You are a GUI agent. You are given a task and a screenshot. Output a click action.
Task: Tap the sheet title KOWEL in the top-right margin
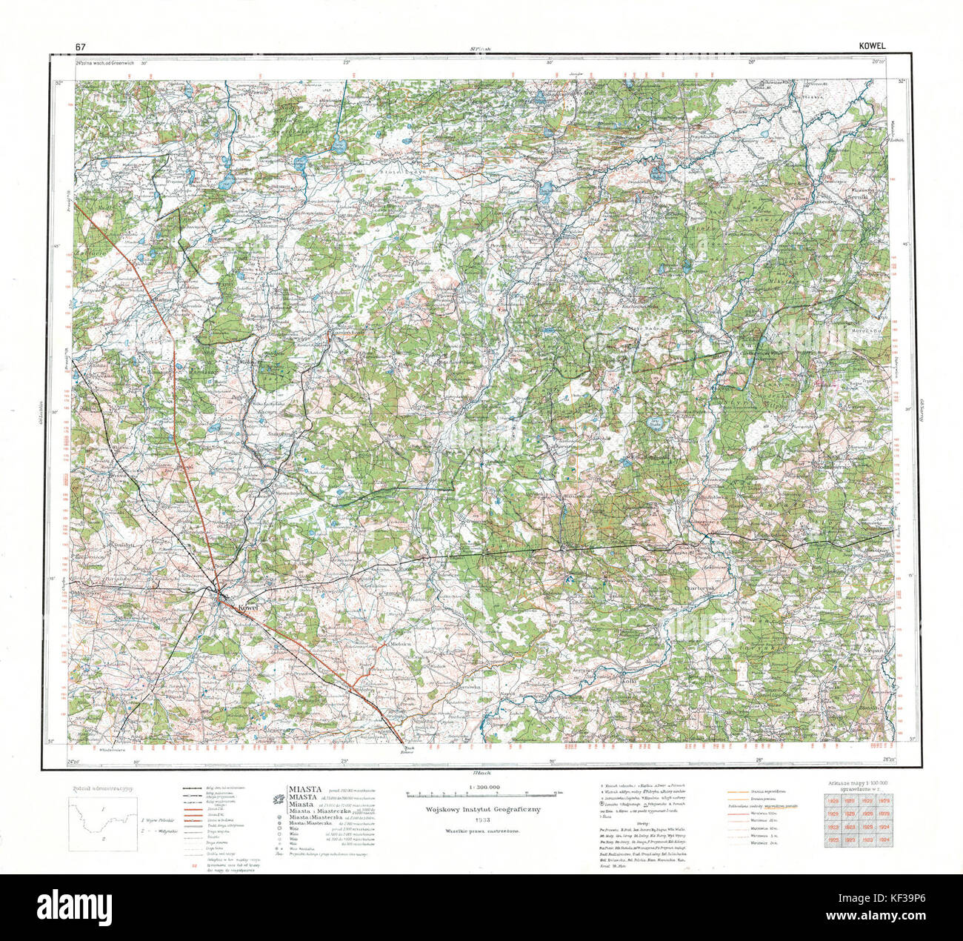pyautogui.click(x=872, y=47)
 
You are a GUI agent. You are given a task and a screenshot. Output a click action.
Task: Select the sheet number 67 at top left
pyautogui.click(x=79, y=47)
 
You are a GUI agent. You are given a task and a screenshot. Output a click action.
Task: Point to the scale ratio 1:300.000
pyautogui.click(x=484, y=786)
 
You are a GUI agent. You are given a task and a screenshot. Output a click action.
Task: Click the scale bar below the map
pyautogui.click(x=484, y=794)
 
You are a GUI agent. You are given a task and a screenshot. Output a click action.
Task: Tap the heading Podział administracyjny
pyautogui.click(x=102, y=789)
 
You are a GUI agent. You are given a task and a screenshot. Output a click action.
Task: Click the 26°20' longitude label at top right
pyautogui.click(x=879, y=64)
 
